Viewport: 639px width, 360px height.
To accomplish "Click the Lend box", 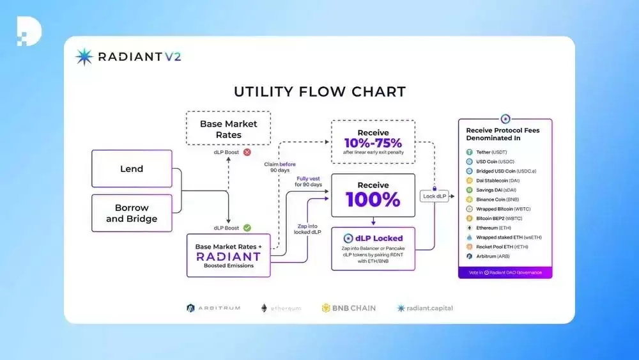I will (x=132, y=169).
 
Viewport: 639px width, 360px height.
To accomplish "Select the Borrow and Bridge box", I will (x=132, y=213).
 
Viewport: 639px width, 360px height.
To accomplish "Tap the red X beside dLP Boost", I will (x=247, y=153).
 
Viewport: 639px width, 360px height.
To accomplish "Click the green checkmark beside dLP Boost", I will (x=247, y=227).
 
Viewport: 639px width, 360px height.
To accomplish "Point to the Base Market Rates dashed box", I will (x=228, y=129).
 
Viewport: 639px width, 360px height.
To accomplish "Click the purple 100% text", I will (x=373, y=199).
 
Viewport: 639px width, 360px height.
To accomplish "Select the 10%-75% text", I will (x=373, y=142).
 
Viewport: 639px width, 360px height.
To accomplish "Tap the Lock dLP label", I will (x=434, y=196).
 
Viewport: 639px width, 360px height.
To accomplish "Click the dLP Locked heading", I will (x=373, y=238).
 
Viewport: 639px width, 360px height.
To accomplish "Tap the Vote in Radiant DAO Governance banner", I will (x=505, y=272).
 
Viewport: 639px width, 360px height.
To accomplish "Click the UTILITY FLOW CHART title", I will (x=319, y=91).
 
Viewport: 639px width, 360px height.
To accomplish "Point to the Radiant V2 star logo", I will (x=84, y=57).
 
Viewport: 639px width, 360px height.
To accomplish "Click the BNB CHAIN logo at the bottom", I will (x=348, y=308).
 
